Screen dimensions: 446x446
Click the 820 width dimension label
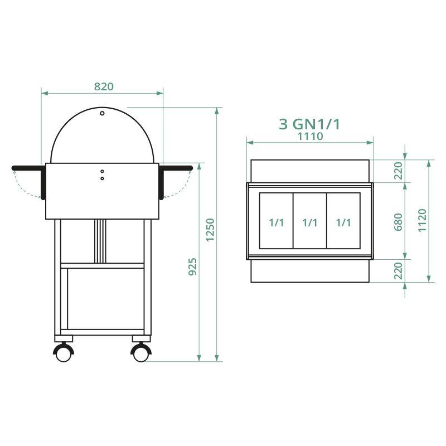pyautogui.click(x=104, y=86)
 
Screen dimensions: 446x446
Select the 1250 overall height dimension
pyautogui.click(x=210, y=229)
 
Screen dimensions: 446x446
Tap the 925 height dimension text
pyautogui.click(x=192, y=268)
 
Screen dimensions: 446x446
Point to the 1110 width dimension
pyautogui.click(x=310, y=136)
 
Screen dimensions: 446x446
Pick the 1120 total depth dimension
pyautogui.click(x=421, y=220)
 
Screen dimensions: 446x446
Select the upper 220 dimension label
pyautogui.click(x=398, y=171)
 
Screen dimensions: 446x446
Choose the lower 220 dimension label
pyautogui.click(x=398, y=272)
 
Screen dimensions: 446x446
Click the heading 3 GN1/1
pyautogui.click(x=309, y=124)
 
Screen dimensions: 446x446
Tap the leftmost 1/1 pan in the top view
pyautogui.click(x=277, y=222)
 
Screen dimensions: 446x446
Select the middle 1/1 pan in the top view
pyautogui.click(x=310, y=222)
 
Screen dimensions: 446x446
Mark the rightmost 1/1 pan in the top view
pyautogui.click(x=343, y=222)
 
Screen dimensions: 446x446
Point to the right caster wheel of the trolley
pyautogui.click(x=140, y=352)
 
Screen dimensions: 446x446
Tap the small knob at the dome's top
pyautogui.click(x=102, y=113)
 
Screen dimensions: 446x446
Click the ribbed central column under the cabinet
pyautogui.click(x=100, y=241)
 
